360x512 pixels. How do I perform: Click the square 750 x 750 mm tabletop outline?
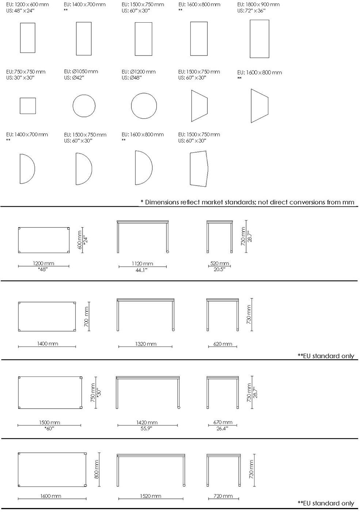point(20,106)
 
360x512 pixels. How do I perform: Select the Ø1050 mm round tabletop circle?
point(73,106)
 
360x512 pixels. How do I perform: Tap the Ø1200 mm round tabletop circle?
point(131,106)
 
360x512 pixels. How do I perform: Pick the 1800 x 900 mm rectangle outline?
point(250,39)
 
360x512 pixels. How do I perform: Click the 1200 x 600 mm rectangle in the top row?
point(20,38)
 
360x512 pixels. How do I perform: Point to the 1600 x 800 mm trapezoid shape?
point(251,106)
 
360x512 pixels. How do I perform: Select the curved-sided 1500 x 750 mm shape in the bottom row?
point(190,169)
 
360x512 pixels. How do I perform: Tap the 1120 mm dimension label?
point(142,264)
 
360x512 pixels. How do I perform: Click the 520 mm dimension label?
point(219,263)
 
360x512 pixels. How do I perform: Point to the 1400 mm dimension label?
point(47,344)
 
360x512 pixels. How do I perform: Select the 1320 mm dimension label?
point(146,344)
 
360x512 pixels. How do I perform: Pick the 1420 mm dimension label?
point(147,423)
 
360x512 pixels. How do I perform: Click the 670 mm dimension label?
point(223,422)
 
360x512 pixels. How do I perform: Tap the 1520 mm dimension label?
point(150,496)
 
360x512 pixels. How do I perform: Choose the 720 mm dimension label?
point(223,496)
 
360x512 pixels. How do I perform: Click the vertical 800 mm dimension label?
point(96,469)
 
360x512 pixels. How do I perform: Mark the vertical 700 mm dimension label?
point(86,316)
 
